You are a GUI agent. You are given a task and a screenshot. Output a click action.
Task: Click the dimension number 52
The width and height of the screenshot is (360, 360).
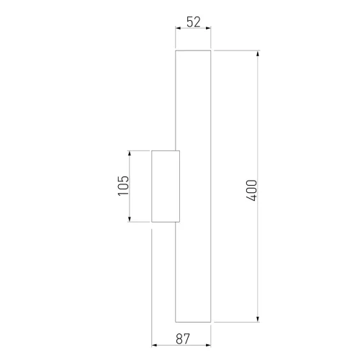coord(194,22)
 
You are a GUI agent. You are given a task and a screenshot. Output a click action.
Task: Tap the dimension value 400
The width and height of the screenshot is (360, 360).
coord(251,190)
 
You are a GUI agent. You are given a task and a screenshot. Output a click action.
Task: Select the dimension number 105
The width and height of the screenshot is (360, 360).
coord(123,186)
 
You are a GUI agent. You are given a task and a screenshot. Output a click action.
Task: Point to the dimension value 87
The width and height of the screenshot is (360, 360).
coord(183,338)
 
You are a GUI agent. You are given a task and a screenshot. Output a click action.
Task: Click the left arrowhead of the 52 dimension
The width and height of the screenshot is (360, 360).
coord(178,28)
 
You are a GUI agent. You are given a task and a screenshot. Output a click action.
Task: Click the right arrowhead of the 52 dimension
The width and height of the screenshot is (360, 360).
coord(208,28)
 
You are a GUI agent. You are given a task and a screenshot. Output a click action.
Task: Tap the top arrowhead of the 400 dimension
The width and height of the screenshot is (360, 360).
coord(258,53)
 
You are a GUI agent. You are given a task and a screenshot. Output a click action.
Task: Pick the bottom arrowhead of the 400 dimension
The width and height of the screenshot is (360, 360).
coord(258,319)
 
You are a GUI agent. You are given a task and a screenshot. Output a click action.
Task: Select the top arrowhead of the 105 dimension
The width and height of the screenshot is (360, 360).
coord(130,153)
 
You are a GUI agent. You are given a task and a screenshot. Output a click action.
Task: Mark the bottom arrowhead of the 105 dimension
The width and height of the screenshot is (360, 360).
coord(130,219)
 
